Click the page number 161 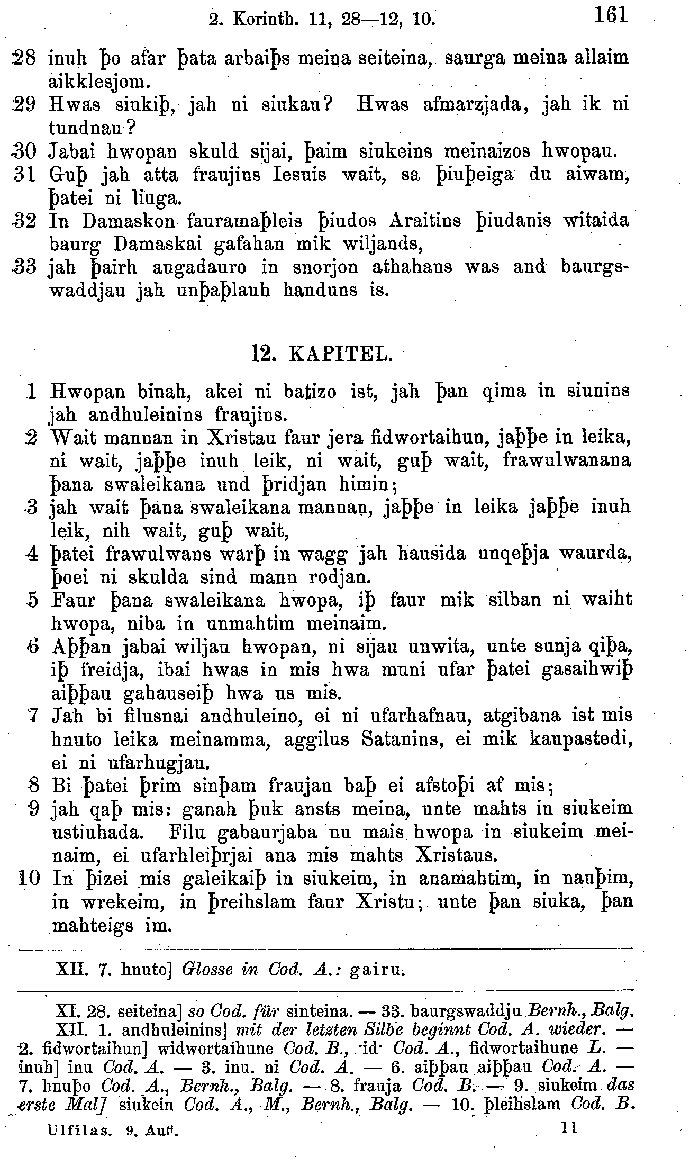[610, 15]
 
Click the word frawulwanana [566, 460]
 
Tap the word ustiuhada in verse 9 [96, 832]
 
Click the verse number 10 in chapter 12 [29, 878]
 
